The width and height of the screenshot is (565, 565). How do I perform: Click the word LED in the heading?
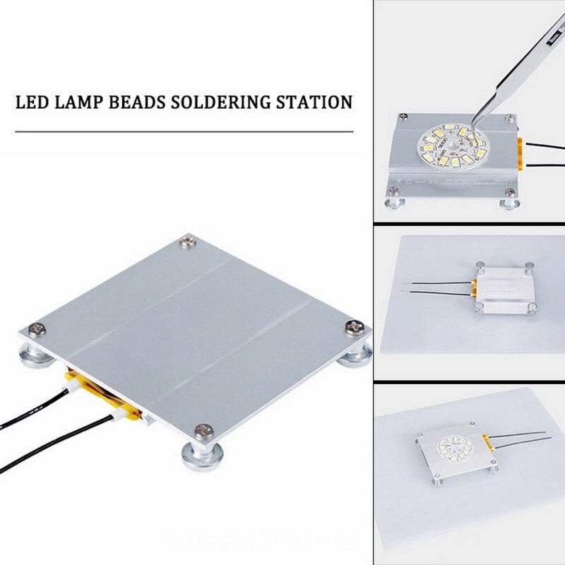[31, 102]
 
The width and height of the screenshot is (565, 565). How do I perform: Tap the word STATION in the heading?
[317, 102]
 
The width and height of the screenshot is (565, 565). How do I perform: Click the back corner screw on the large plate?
[187, 242]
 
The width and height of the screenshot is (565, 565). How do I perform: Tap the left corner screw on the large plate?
[35, 328]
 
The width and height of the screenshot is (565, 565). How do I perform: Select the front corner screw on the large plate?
[204, 429]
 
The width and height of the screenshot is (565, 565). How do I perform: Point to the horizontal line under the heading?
[184, 131]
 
